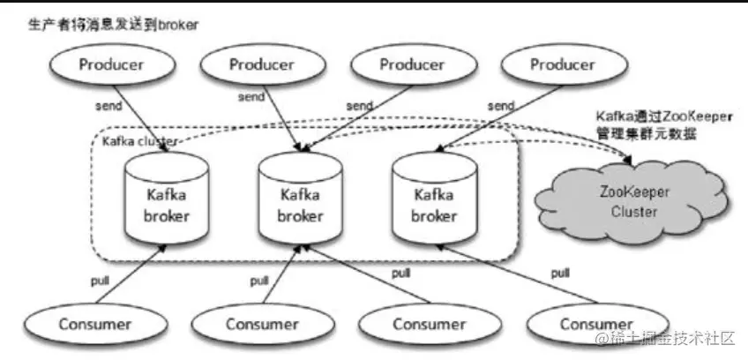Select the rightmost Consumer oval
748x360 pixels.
click(596, 324)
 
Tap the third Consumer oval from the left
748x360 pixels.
click(429, 324)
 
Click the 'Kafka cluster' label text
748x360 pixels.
click(139, 141)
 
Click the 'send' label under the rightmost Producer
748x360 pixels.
click(501, 106)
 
